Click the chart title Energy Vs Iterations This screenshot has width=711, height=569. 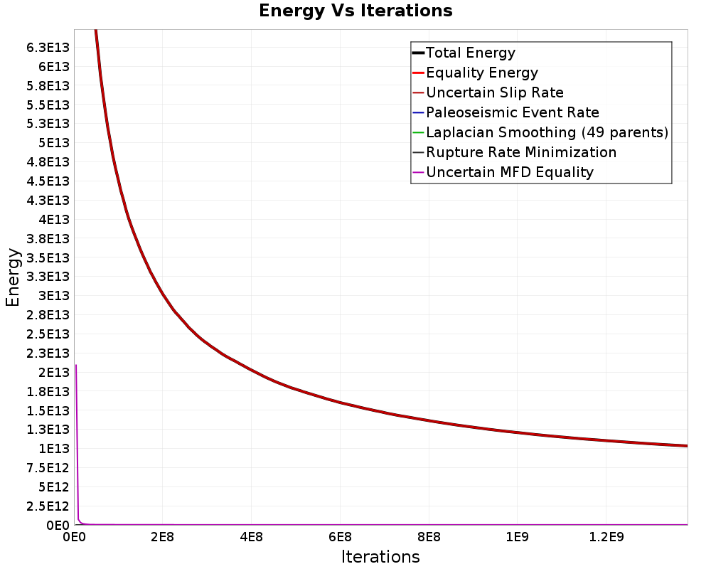(x=355, y=11)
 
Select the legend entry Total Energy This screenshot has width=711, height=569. (x=470, y=53)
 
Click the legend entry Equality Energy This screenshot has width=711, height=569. (x=481, y=73)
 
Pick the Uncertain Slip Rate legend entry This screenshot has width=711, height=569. (x=494, y=92)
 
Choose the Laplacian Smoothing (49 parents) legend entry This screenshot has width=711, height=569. (x=547, y=132)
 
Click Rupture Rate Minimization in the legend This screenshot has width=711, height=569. (x=520, y=152)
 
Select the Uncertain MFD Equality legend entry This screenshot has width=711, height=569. (x=509, y=172)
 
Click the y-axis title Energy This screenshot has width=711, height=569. (x=12, y=277)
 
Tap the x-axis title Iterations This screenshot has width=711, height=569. (x=380, y=556)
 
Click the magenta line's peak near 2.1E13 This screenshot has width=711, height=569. (x=76, y=366)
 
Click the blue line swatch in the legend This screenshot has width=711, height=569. (x=418, y=112)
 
